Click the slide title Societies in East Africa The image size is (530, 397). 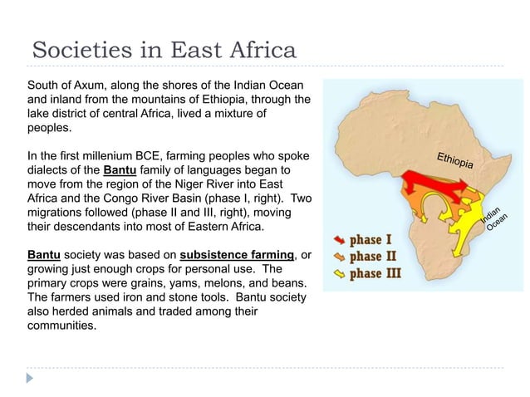163,50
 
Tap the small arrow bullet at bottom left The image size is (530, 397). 32,378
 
